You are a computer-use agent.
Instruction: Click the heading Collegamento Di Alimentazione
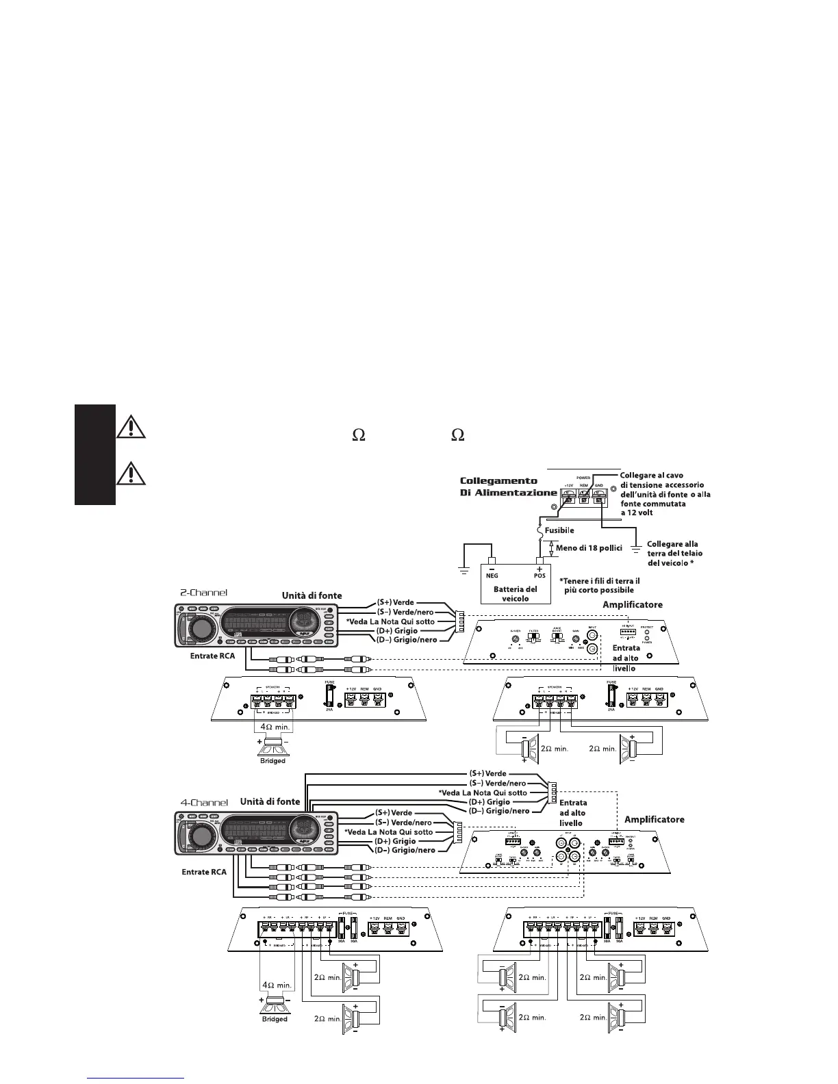(x=507, y=487)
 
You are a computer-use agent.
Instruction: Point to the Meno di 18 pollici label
(x=588, y=549)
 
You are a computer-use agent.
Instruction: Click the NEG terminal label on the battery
(x=492, y=576)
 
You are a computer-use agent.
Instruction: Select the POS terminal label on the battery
(x=539, y=576)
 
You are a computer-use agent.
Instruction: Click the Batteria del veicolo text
(x=515, y=593)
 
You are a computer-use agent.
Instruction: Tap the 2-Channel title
(x=203, y=593)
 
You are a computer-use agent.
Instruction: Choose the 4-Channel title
(x=204, y=801)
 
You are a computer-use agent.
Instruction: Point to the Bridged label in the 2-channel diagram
(x=272, y=760)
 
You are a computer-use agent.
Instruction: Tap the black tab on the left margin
(x=94, y=454)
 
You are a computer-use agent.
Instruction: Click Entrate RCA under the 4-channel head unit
(x=204, y=872)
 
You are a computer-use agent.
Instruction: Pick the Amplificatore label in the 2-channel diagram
(x=633, y=605)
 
